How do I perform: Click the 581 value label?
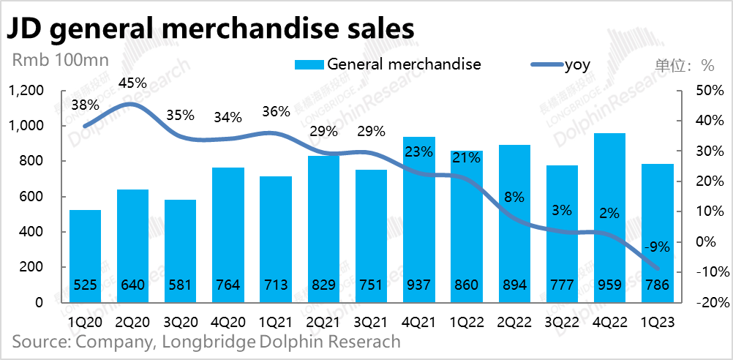[180, 286]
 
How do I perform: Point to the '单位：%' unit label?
[685, 65]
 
